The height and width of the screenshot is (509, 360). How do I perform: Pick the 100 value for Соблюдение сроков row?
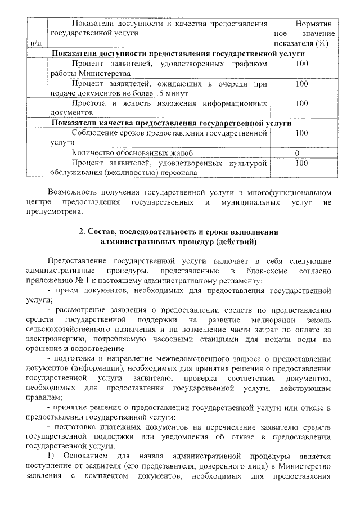pyautogui.click(x=301, y=133)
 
